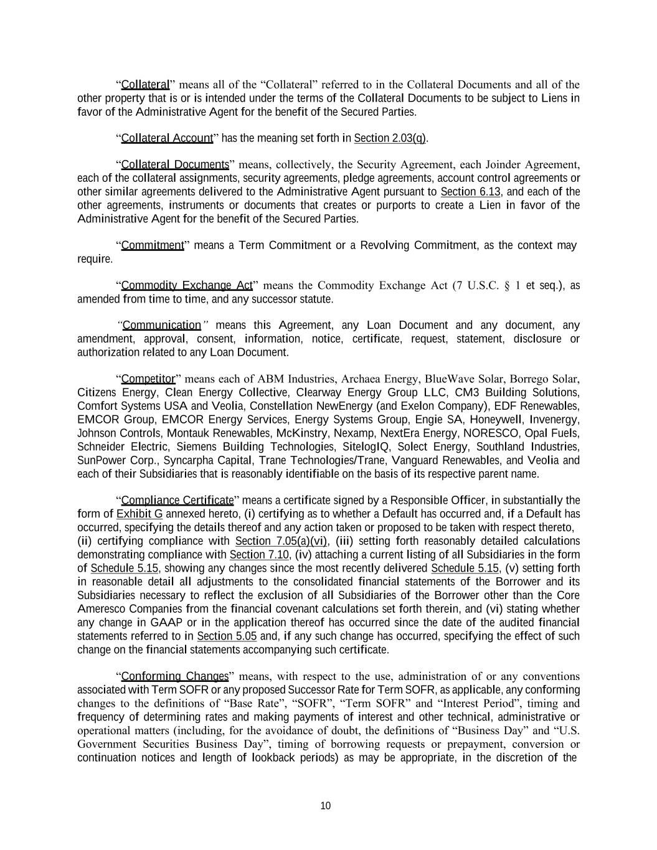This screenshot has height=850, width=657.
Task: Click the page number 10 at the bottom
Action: [x=325, y=806]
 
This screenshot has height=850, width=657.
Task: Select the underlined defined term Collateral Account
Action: [x=166, y=138]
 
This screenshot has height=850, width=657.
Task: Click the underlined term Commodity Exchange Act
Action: [x=187, y=286]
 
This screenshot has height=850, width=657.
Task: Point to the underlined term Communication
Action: [x=162, y=325]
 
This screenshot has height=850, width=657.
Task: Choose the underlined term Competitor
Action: [x=148, y=379]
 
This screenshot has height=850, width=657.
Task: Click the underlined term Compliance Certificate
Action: [x=177, y=501]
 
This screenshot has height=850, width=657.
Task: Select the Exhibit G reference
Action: [x=139, y=514]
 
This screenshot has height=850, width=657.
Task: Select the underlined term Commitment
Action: [x=153, y=245]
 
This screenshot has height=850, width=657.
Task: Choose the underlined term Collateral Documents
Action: [x=175, y=165]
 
